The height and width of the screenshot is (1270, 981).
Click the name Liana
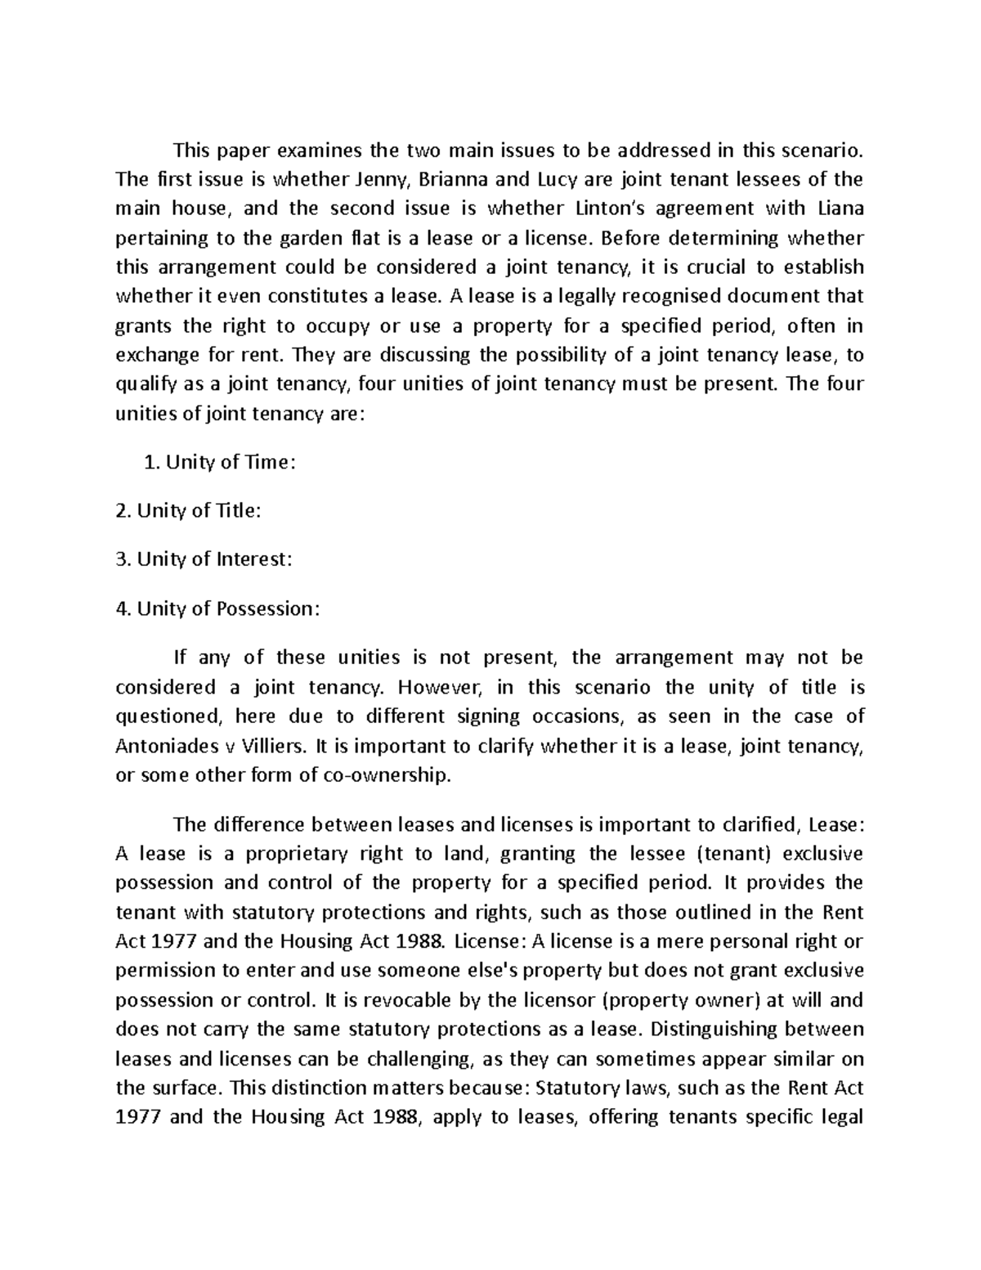(x=840, y=209)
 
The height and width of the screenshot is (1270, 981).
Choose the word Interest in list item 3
(x=252, y=560)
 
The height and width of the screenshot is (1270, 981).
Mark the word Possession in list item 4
(x=266, y=609)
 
